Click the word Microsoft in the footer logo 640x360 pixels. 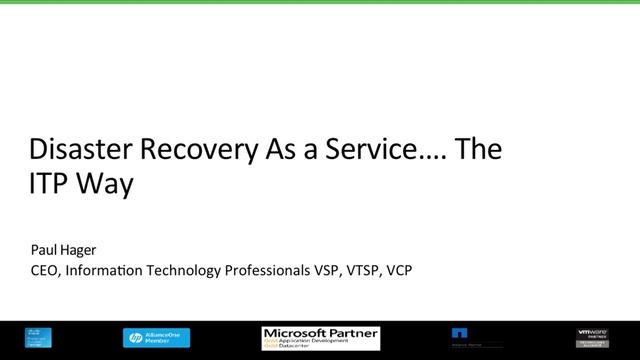296,331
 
